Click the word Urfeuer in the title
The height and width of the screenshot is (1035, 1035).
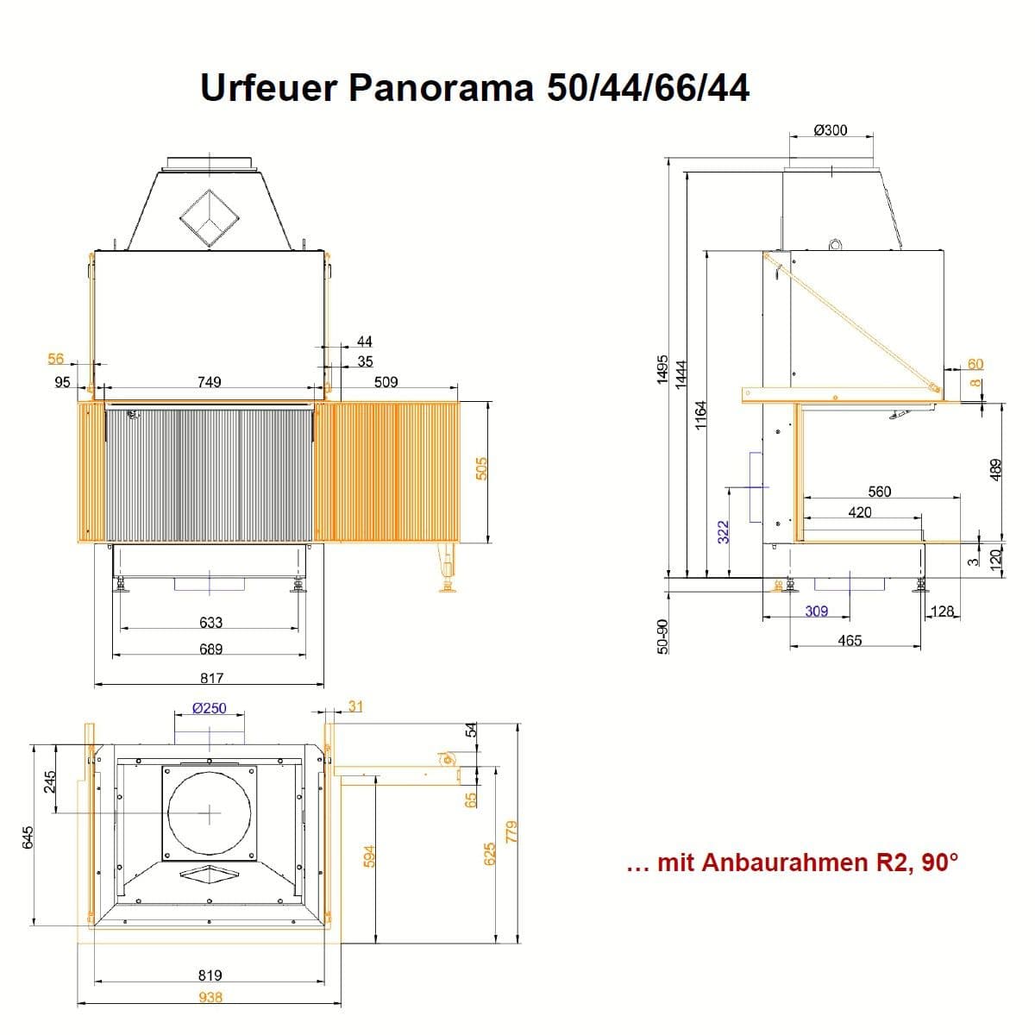(x=268, y=88)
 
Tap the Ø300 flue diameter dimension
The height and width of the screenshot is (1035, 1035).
(x=831, y=130)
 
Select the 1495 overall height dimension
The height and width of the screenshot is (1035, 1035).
(x=662, y=369)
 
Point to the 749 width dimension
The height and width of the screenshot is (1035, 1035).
(x=209, y=382)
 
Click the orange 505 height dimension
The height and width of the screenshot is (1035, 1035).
(x=482, y=468)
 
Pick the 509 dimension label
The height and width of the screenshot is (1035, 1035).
(x=386, y=382)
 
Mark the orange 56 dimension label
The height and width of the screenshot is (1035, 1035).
(x=56, y=359)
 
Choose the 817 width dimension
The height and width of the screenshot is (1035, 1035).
(x=211, y=678)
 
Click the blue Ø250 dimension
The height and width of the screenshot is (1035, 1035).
(x=209, y=708)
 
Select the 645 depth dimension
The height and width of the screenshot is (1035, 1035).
(x=28, y=837)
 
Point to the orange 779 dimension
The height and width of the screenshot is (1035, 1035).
(x=511, y=831)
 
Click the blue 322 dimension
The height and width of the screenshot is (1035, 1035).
(x=724, y=532)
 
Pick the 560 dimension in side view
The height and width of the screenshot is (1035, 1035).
(x=879, y=492)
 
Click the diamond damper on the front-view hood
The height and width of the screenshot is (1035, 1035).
(x=209, y=217)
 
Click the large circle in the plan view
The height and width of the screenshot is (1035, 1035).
(x=209, y=813)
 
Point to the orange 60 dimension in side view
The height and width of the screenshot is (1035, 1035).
(x=975, y=364)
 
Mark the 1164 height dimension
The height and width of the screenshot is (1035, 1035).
(x=701, y=415)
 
